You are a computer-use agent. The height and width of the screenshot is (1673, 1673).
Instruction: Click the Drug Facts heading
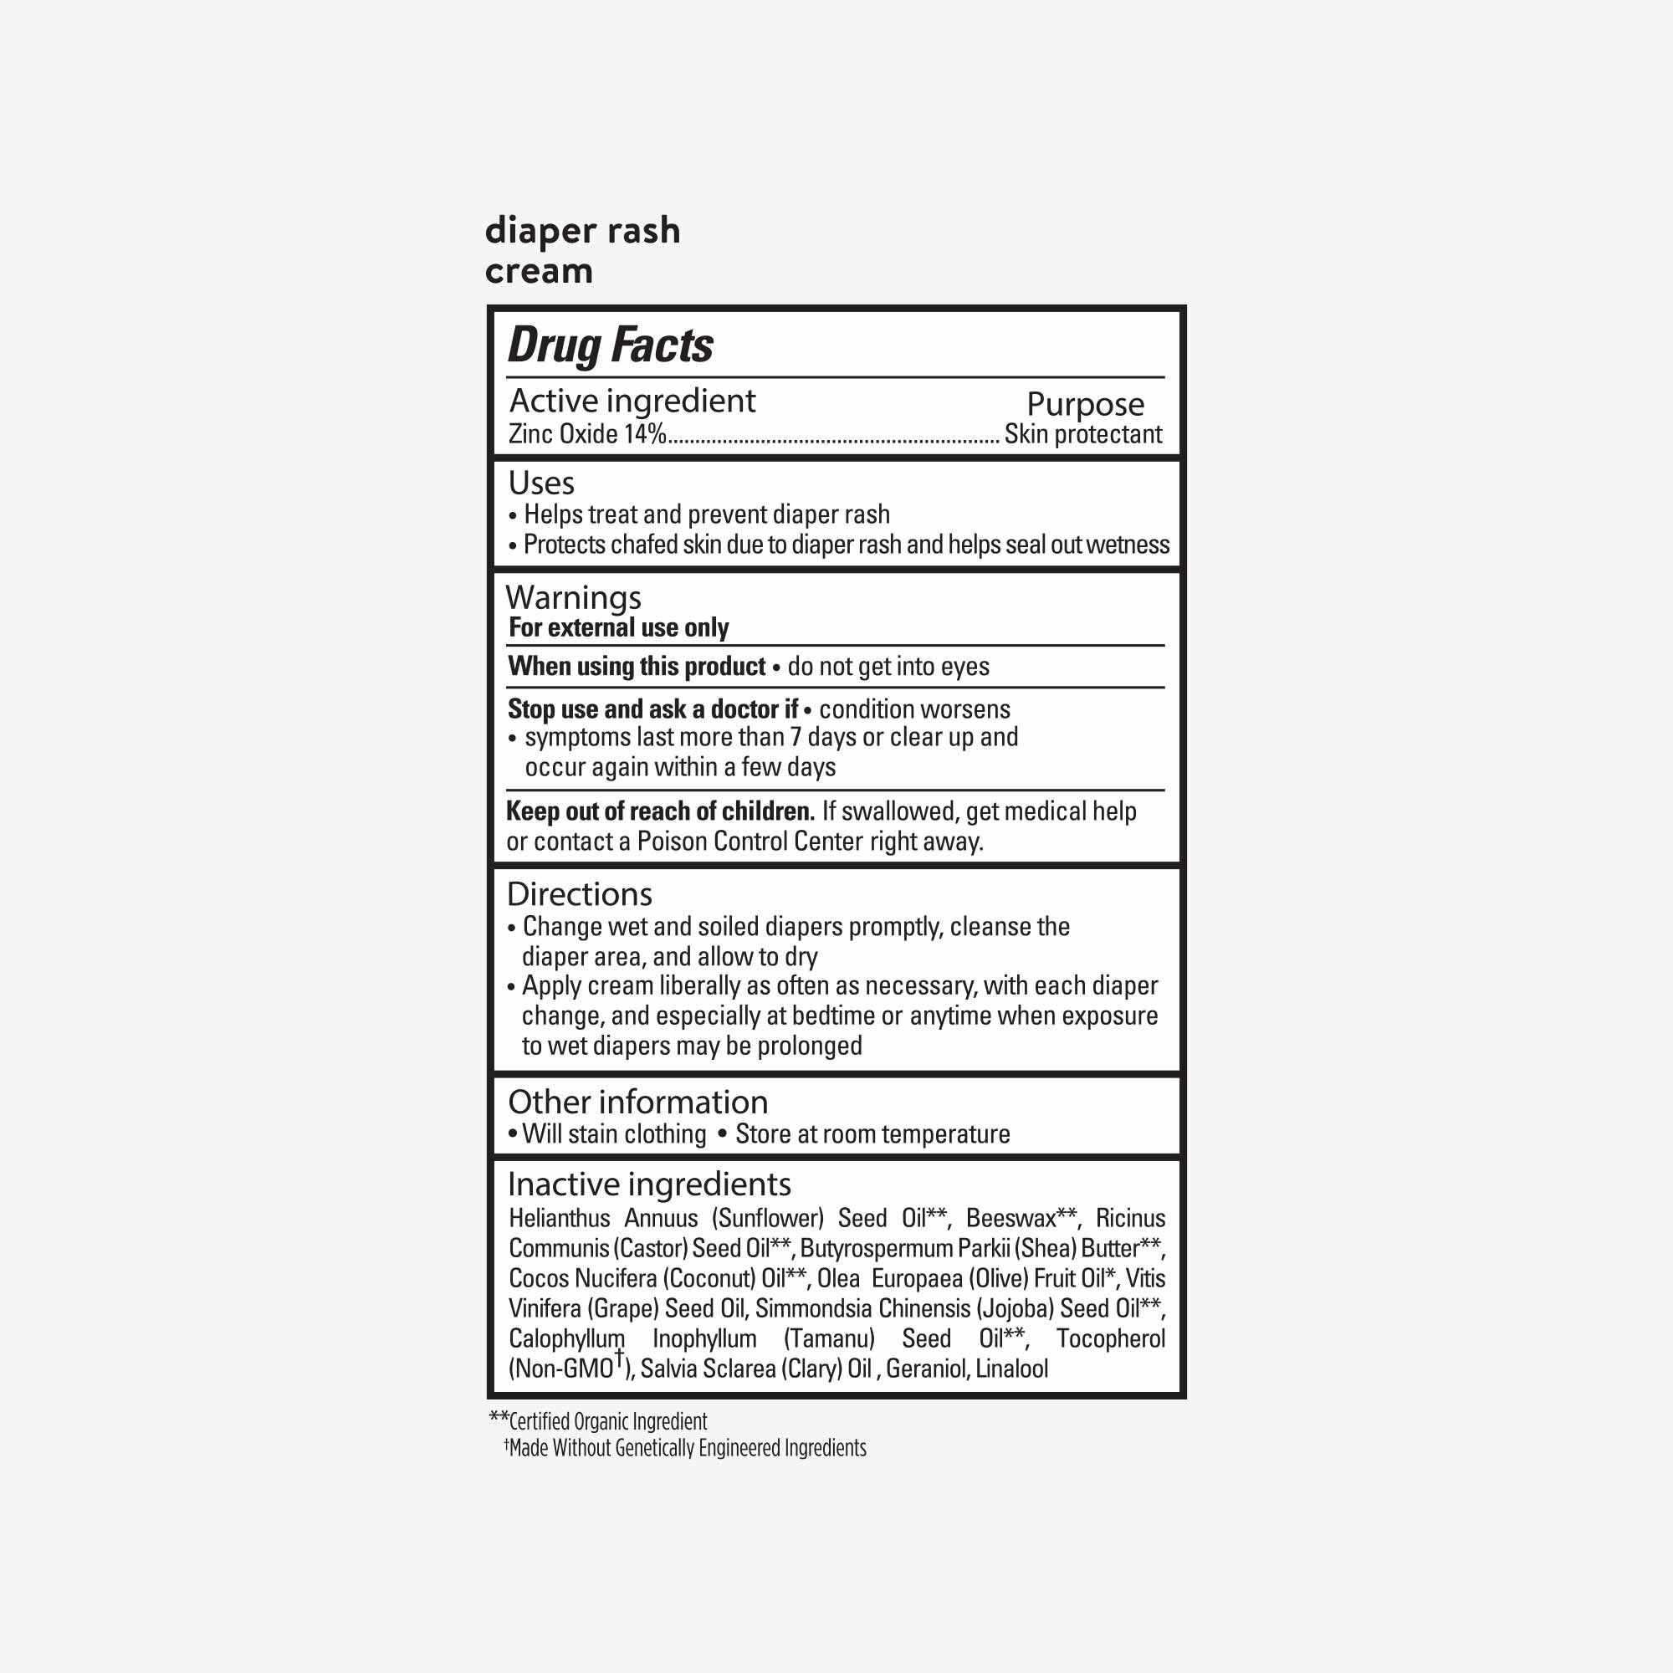(610, 345)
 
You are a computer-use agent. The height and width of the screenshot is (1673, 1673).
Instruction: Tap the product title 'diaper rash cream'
(582, 250)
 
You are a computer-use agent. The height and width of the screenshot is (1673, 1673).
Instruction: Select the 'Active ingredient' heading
(632, 401)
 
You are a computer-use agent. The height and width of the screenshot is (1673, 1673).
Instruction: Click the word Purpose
(1085, 404)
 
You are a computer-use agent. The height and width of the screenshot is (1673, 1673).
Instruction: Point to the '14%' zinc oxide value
(645, 434)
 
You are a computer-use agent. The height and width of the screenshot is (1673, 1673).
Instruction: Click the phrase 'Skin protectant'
(1082, 434)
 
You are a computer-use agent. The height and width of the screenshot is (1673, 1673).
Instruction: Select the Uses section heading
(541, 483)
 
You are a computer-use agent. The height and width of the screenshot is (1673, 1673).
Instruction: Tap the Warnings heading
(573, 597)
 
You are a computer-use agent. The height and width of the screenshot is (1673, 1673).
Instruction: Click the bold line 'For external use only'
(618, 628)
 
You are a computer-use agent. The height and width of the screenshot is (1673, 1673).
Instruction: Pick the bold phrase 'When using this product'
(637, 667)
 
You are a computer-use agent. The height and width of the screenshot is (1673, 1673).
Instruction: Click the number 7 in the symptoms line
(796, 738)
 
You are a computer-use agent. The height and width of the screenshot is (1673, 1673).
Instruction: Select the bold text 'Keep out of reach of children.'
(660, 811)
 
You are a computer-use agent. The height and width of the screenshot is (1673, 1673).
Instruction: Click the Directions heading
(580, 893)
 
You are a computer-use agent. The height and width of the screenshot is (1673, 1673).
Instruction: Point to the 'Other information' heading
(637, 1103)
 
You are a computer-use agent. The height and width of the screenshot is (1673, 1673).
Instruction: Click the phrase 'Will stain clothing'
(614, 1134)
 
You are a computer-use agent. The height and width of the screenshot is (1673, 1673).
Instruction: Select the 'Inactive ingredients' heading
(648, 1184)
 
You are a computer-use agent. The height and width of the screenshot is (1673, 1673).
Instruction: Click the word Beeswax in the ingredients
(1010, 1219)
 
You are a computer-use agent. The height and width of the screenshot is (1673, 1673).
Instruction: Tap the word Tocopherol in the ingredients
(1110, 1338)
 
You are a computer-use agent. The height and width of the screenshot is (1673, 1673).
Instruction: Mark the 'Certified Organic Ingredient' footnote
(607, 1422)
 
